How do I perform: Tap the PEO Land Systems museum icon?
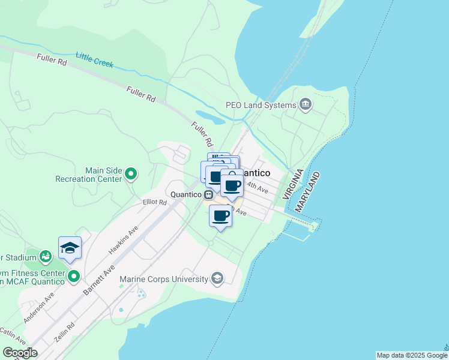(x=306, y=105)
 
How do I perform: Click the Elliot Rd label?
(x=154, y=203)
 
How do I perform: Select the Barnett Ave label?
(x=100, y=279)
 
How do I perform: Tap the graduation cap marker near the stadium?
(x=70, y=248)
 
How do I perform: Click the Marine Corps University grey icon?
(x=217, y=278)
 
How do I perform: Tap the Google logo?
(x=20, y=353)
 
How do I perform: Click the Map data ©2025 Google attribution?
(x=412, y=355)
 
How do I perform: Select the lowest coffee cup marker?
(x=220, y=215)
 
